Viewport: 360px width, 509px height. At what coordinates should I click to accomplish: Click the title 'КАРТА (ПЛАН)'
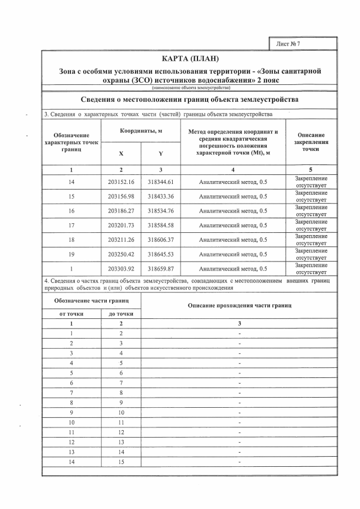click(x=189, y=59)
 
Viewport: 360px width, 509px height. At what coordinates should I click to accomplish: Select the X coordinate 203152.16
click(x=121, y=182)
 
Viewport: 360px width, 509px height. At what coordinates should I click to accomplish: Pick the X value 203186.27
click(x=121, y=211)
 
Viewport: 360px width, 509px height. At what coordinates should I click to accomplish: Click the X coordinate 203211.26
click(x=121, y=240)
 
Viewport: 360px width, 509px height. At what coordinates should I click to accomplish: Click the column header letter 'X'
click(x=121, y=154)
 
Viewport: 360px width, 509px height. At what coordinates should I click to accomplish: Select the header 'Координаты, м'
click(x=141, y=131)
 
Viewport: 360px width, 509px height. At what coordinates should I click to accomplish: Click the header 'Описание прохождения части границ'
click(x=239, y=305)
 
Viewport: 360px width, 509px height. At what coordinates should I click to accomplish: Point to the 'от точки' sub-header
click(x=71, y=313)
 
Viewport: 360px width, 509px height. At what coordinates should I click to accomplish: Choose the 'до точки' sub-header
click(x=121, y=313)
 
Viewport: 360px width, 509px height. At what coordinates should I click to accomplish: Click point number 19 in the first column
click(x=71, y=254)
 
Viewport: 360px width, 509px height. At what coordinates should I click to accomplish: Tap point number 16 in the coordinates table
click(x=71, y=211)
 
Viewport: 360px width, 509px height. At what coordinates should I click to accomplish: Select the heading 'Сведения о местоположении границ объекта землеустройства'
click(x=189, y=100)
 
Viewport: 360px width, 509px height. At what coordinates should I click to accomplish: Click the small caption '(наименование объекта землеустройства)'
click(x=189, y=88)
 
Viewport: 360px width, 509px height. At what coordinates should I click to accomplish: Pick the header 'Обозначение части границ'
click(x=91, y=301)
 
